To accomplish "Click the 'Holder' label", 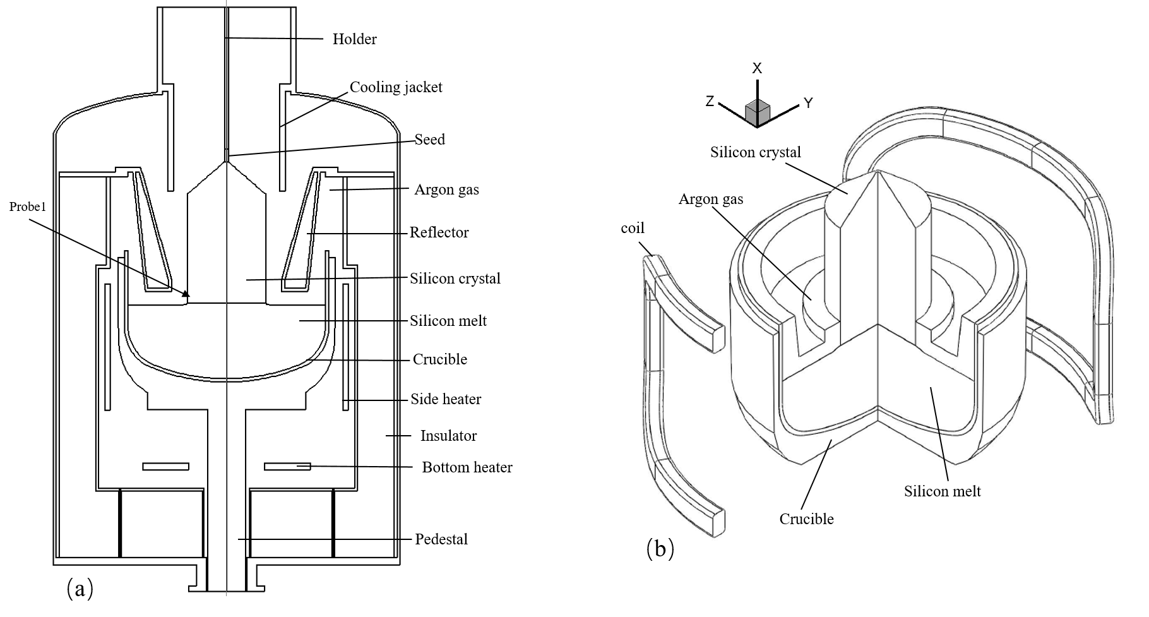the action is (x=354, y=39).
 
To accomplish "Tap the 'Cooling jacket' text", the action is (x=396, y=87).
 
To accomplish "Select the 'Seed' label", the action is (x=429, y=139).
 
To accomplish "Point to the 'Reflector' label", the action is (x=439, y=232).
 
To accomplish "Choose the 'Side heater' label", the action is (x=446, y=399).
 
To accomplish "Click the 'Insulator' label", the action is (x=448, y=436).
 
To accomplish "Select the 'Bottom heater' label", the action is (x=467, y=467).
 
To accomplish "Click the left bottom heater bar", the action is (x=166, y=467).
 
